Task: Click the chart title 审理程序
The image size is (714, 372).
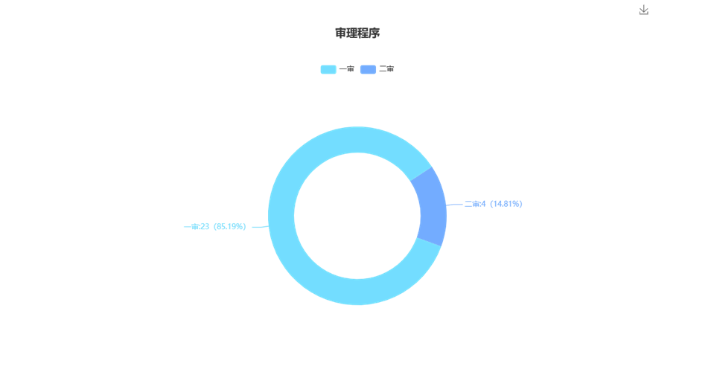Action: [357, 33]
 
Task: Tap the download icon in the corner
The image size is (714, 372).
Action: [643, 10]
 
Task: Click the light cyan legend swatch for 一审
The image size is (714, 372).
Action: [328, 69]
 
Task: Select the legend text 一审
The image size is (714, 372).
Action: [346, 69]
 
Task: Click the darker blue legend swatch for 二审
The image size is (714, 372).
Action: [368, 69]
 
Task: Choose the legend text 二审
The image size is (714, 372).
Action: [386, 69]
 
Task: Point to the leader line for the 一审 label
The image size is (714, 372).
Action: [261, 226]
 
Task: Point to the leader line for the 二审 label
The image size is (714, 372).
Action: [454, 205]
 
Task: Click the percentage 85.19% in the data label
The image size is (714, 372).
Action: [230, 226]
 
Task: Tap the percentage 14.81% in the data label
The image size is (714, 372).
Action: [506, 204]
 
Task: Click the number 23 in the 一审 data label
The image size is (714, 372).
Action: [205, 226]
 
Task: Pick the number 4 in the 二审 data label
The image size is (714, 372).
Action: [484, 204]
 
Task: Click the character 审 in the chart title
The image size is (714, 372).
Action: [340, 33]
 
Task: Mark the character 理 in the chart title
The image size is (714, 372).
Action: [352, 33]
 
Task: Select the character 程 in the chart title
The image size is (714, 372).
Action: [363, 33]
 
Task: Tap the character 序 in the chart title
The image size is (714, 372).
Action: [374, 33]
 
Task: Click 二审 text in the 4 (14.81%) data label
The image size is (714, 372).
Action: [472, 204]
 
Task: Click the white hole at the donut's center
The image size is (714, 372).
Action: [357, 216]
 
